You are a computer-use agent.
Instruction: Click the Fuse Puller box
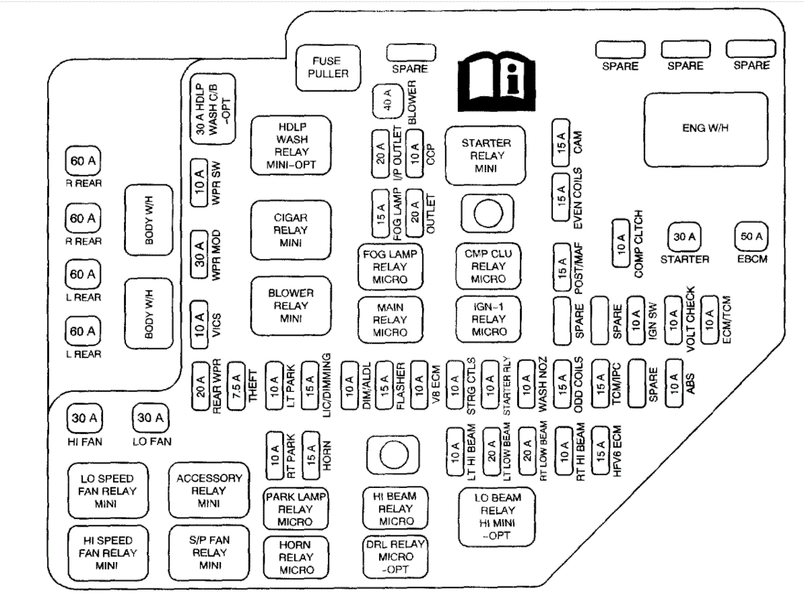[x=328, y=67]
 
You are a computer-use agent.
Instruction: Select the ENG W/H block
[x=706, y=129]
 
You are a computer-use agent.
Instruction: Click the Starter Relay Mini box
[x=485, y=155]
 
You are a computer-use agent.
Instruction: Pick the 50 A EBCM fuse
[x=751, y=237]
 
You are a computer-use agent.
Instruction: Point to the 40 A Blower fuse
[x=387, y=102]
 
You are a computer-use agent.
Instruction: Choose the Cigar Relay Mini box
[x=291, y=230]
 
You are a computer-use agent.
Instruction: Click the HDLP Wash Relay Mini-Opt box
[x=291, y=145]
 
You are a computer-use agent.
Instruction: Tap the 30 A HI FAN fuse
[x=83, y=419]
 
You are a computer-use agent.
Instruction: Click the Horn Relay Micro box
[x=296, y=557]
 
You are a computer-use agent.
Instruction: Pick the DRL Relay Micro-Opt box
[x=396, y=557]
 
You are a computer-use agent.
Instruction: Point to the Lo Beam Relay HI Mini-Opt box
[x=498, y=516]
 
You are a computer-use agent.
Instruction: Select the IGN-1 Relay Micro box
[x=489, y=318]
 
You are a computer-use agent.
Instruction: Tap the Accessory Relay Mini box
[x=209, y=491]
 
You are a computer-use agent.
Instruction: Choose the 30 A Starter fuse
[x=685, y=237]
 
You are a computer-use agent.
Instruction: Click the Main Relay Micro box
[x=390, y=319]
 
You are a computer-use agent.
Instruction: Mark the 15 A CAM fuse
[x=560, y=141]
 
